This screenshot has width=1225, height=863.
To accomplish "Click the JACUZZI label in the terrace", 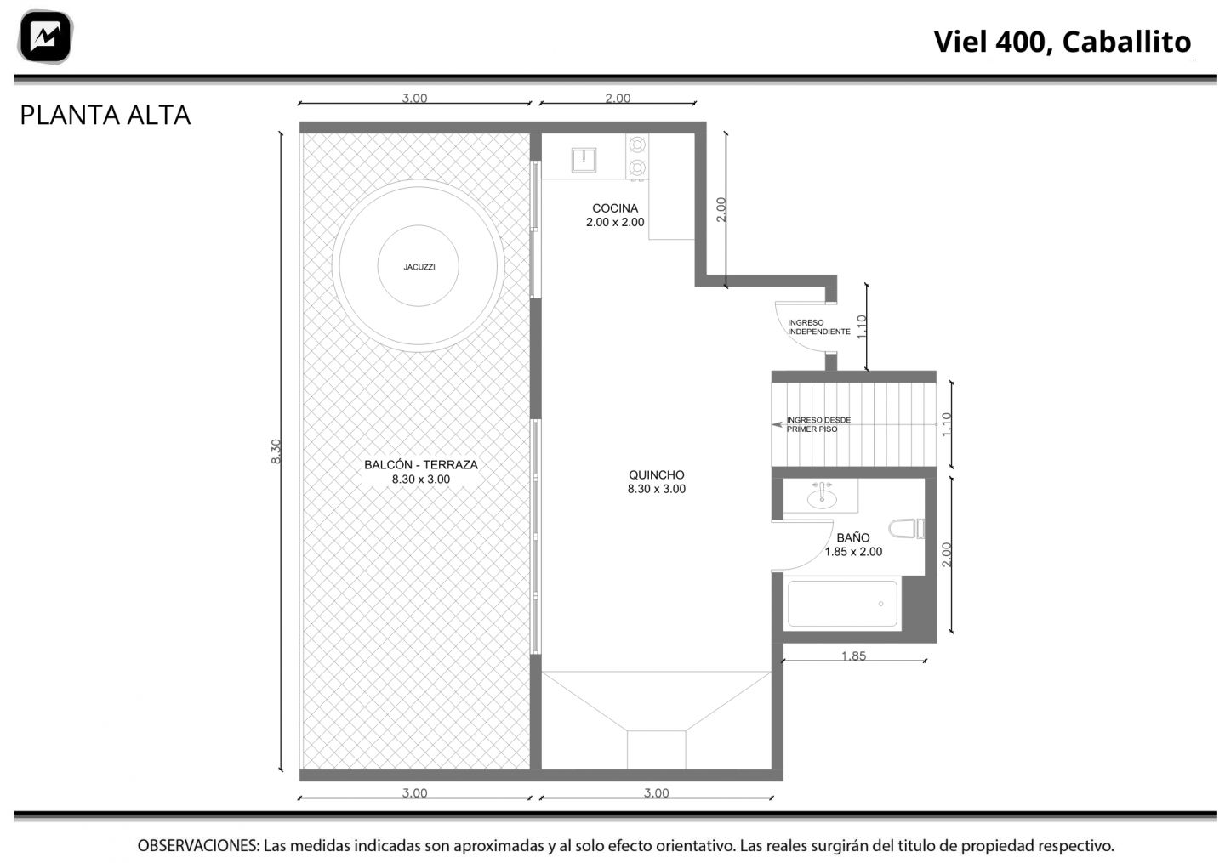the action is (419, 267).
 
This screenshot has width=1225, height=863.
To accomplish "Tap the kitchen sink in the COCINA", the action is (584, 160).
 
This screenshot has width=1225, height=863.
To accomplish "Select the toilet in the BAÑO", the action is (906, 529).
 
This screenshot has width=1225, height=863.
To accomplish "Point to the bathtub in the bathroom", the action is (842, 604).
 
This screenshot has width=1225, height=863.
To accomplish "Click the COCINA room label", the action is (615, 208).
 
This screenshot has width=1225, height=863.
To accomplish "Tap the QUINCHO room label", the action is (656, 475).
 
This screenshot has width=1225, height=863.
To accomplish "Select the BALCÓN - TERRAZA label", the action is (421, 464).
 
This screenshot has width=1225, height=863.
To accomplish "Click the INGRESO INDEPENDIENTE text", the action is (818, 326).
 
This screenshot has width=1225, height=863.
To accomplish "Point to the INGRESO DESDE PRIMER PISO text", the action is (818, 424).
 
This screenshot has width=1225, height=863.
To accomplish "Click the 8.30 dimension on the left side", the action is (276, 451).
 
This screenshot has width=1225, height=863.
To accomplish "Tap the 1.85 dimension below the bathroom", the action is (854, 656).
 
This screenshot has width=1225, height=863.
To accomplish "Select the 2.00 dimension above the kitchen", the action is (618, 99).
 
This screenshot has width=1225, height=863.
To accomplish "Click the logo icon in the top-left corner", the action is (45, 37).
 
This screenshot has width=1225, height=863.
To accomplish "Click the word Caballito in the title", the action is (1126, 42).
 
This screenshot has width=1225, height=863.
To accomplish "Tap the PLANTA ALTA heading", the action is (105, 116).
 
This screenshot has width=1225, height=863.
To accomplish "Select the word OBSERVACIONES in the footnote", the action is (198, 846).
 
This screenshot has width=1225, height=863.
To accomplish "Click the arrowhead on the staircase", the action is (777, 424).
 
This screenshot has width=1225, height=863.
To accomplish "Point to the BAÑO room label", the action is (853, 538).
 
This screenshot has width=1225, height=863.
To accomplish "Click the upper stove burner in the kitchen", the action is (637, 145).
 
